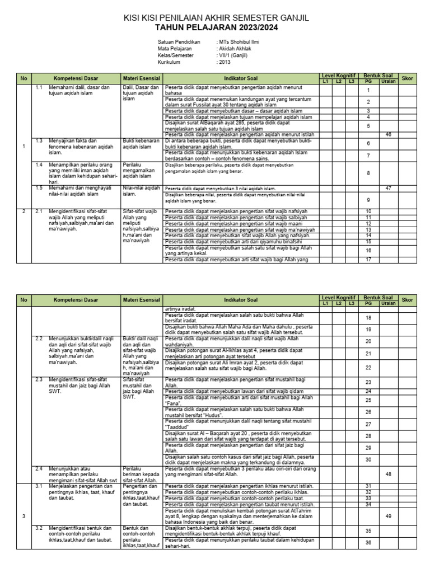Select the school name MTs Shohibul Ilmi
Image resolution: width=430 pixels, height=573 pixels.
tap(240, 43)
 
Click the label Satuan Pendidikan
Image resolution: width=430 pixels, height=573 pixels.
tap(179, 43)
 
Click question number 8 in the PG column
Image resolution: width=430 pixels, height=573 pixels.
tap(368, 173)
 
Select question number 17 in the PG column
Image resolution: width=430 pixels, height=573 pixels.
tap(368, 260)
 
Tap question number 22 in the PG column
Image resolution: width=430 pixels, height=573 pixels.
tap(368, 368)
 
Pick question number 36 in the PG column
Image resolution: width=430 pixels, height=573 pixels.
tap(368, 543)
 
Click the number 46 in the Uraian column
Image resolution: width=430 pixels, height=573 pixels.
tap(388, 135)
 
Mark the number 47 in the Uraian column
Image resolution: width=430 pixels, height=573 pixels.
tap(388, 188)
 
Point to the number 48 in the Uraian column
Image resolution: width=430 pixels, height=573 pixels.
tap(388, 473)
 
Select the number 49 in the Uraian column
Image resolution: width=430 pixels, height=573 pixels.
tap(388, 516)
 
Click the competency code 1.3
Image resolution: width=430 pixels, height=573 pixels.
tap(39, 140)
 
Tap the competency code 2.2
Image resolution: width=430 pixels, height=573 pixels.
tap(39, 339)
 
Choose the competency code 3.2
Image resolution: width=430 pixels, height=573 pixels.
tap(39, 528)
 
